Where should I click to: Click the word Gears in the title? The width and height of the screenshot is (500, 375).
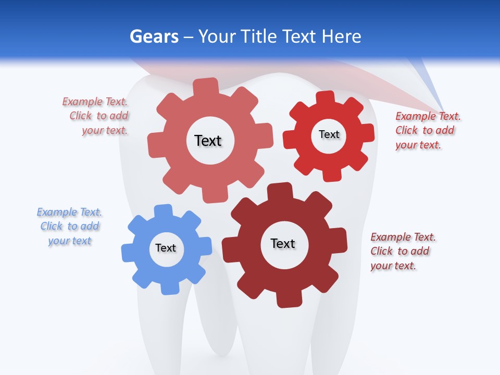[x=153, y=36]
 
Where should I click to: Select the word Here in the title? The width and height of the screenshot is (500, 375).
[x=341, y=36]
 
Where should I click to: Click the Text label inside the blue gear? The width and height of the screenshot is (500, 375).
[x=166, y=248]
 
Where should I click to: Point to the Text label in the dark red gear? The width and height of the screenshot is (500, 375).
[x=283, y=243]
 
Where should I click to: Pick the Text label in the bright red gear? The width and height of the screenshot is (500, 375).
[x=329, y=134]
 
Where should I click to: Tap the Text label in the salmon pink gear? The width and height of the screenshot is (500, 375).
[x=208, y=141]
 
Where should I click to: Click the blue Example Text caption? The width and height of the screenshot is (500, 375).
[x=69, y=226]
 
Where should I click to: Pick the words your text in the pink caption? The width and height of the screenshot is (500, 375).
[x=105, y=130]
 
